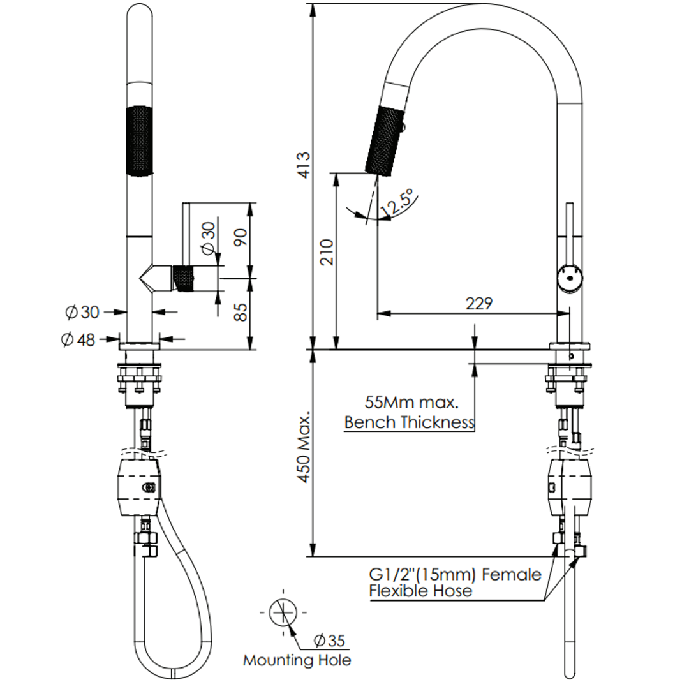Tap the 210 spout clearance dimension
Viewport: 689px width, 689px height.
[x=326, y=254]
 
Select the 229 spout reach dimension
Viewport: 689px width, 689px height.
[x=478, y=304]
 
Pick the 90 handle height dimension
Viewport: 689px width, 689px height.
[x=240, y=238]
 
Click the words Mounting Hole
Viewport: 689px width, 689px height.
[x=297, y=660]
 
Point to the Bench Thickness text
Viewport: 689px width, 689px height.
[x=409, y=422]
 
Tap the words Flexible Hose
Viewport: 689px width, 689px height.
[x=420, y=591]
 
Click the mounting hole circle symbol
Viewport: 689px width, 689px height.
[x=283, y=612]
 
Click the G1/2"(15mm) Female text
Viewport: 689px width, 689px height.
[x=455, y=574]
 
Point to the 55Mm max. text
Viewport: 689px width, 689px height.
[x=411, y=403]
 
